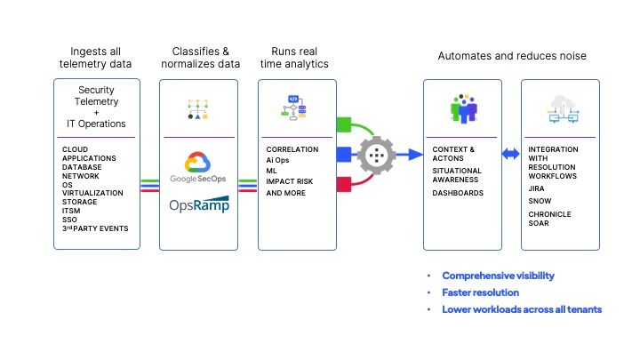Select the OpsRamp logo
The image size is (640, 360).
pyautogui.click(x=198, y=204)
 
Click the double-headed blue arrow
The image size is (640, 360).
pyautogui.click(x=510, y=154)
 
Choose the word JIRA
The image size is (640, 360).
pyautogui.click(x=537, y=188)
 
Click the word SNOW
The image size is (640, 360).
pyautogui.click(x=539, y=201)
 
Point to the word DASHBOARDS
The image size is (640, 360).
pyautogui.click(x=459, y=193)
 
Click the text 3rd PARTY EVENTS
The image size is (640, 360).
pyautogui.click(x=95, y=228)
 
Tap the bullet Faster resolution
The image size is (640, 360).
pyautogui.click(x=480, y=292)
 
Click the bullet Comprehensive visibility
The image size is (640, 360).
pyautogui.click(x=498, y=276)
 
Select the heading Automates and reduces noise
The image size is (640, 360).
pyautogui.click(x=511, y=56)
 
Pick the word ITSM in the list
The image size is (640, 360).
pyautogui.click(x=72, y=209)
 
